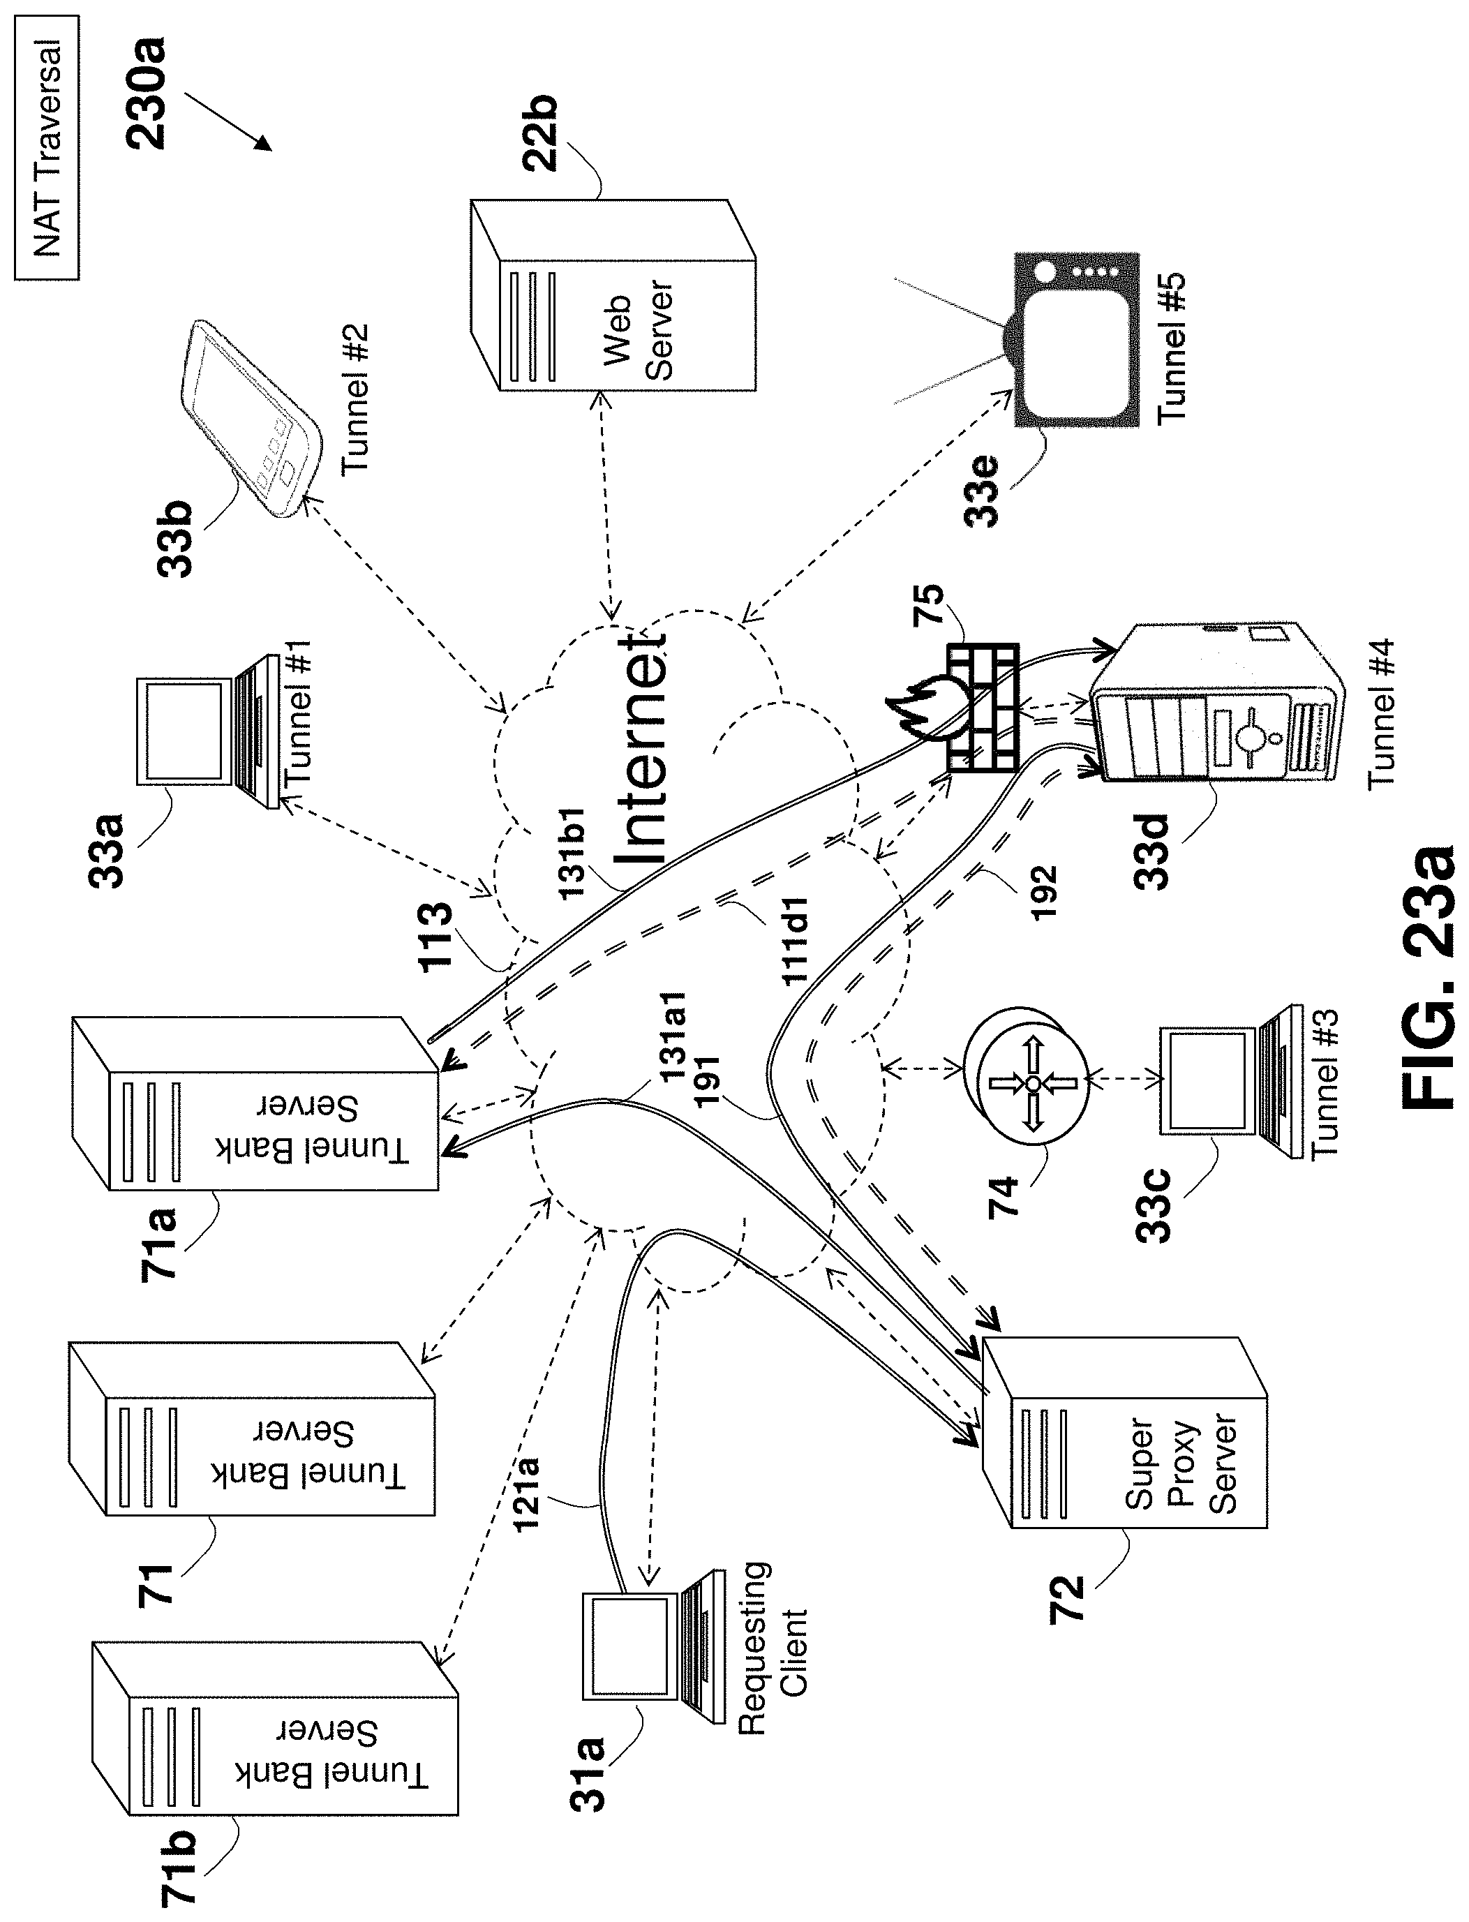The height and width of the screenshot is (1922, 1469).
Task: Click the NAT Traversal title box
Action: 46,147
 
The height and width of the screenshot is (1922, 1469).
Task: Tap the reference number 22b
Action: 539,131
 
